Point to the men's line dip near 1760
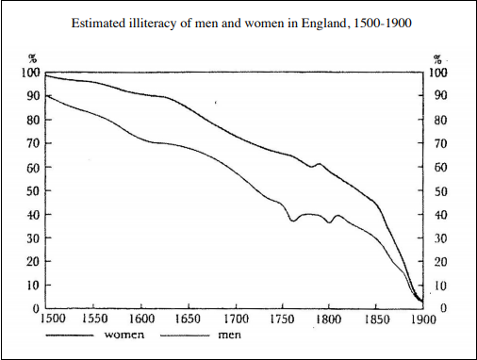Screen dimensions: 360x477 point(294,221)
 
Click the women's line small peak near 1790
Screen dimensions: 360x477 point(319,164)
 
